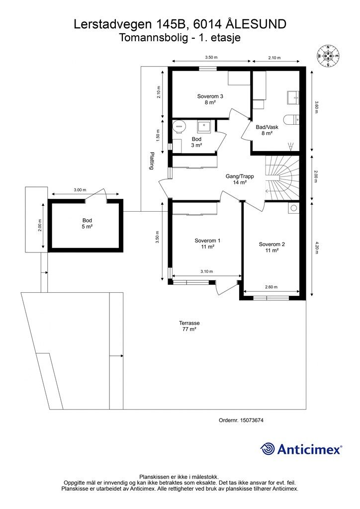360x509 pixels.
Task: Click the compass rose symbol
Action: point(328,56)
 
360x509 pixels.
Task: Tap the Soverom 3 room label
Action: point(210,99)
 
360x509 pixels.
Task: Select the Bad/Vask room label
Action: point(267,130)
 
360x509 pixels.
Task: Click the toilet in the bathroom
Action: point(291,120)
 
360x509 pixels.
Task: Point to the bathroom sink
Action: point(293,97)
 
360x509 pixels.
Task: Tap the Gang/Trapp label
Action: point(240,179)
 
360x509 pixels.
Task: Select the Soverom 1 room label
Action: point(207,244)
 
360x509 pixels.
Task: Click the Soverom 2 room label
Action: point(271,247)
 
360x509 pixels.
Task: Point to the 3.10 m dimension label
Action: point(206,271)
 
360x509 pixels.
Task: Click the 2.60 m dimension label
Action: point(271,287)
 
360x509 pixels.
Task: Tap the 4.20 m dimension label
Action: point(316,248)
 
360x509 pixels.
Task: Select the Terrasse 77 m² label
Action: point(189,326)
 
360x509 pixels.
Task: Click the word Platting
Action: point(151,161)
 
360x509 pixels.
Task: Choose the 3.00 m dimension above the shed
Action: point(80,190)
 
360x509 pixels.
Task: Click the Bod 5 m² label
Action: point(87,223)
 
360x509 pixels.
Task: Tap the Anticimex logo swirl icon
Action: point(267,449)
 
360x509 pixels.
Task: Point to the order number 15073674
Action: point(252,420)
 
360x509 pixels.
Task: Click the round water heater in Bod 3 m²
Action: point(179,126)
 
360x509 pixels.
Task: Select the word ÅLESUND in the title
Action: point(256,24)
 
